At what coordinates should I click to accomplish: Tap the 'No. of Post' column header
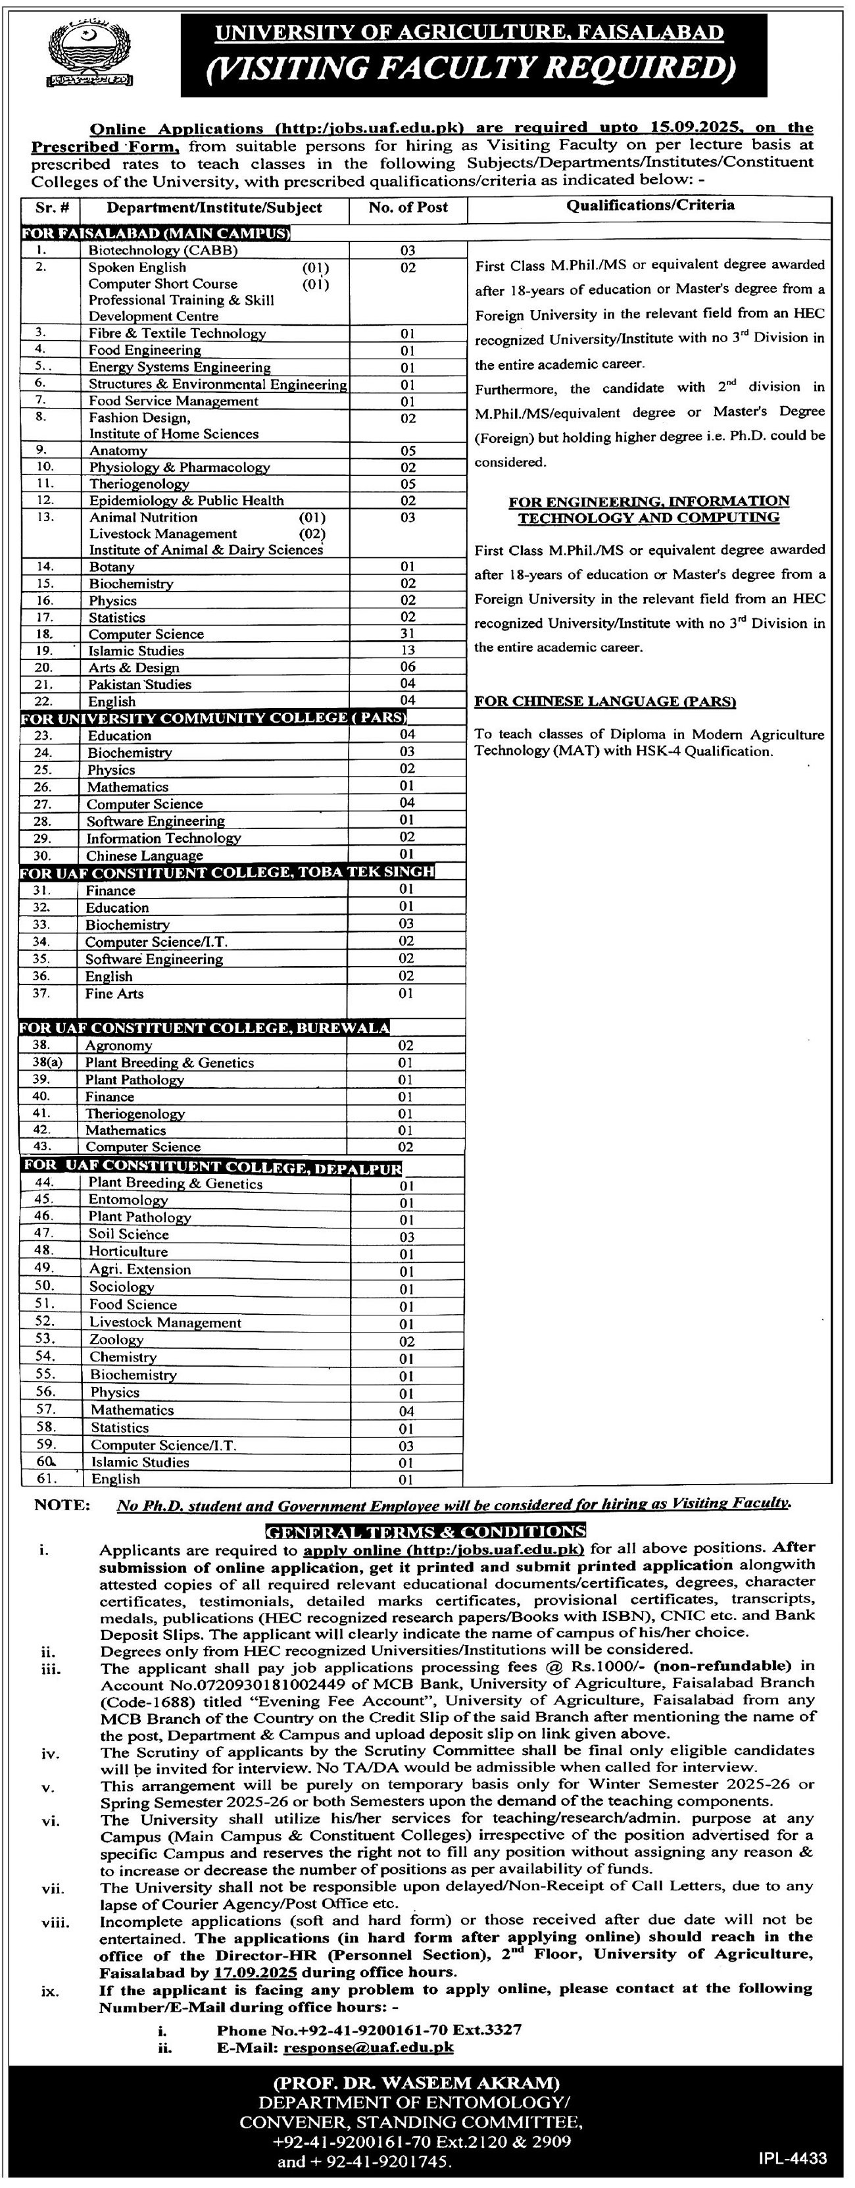click(408, 207)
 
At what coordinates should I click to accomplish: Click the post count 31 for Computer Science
click(408, 634)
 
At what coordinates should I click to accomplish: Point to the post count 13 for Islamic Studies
click(408, 651)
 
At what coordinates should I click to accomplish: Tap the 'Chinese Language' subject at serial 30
click(144, 855)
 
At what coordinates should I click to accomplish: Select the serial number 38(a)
click(43, 1063)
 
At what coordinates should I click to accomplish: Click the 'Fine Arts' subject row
click(114, 994)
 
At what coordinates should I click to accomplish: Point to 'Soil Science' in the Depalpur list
click(128, 1234)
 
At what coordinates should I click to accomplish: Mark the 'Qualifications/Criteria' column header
click(650, 205)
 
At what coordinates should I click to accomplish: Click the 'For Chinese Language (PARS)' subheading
click(604, 701)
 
